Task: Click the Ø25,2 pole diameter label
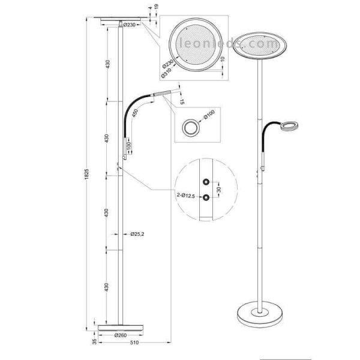click(137, 234)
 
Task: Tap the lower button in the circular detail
click(205, 196)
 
